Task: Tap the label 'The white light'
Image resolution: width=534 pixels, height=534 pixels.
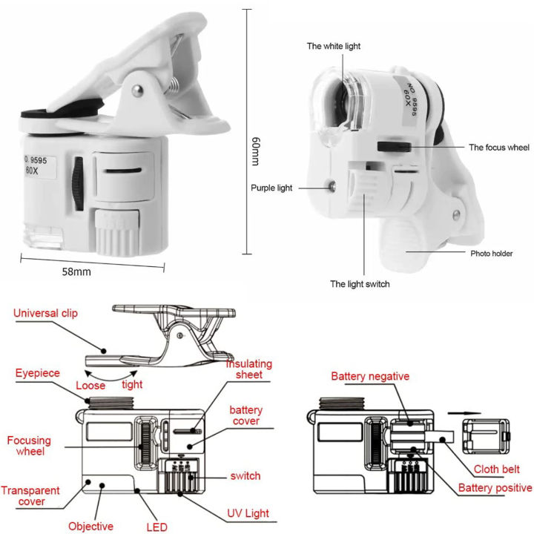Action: pyautogui.click(x=334, y=46)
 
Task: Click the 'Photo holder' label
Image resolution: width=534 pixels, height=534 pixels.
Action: pyautogui.click(x=491, y=254)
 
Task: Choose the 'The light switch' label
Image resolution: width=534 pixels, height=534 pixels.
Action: pyautogui.click(x=360, y=283)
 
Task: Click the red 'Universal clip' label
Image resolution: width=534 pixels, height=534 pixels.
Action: pyautogui.click(x=45, y=314)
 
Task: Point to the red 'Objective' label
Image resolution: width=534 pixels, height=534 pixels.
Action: pyautogui.click(x=90, y=526)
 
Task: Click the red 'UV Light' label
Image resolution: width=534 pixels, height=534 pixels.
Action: pyautogui.click(x=248, y=512)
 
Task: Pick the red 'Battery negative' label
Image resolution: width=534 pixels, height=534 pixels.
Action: pyautogui.click(x=369, y=377)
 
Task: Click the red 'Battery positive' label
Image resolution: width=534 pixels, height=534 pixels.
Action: pyautogui.click(x=495, y=487)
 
